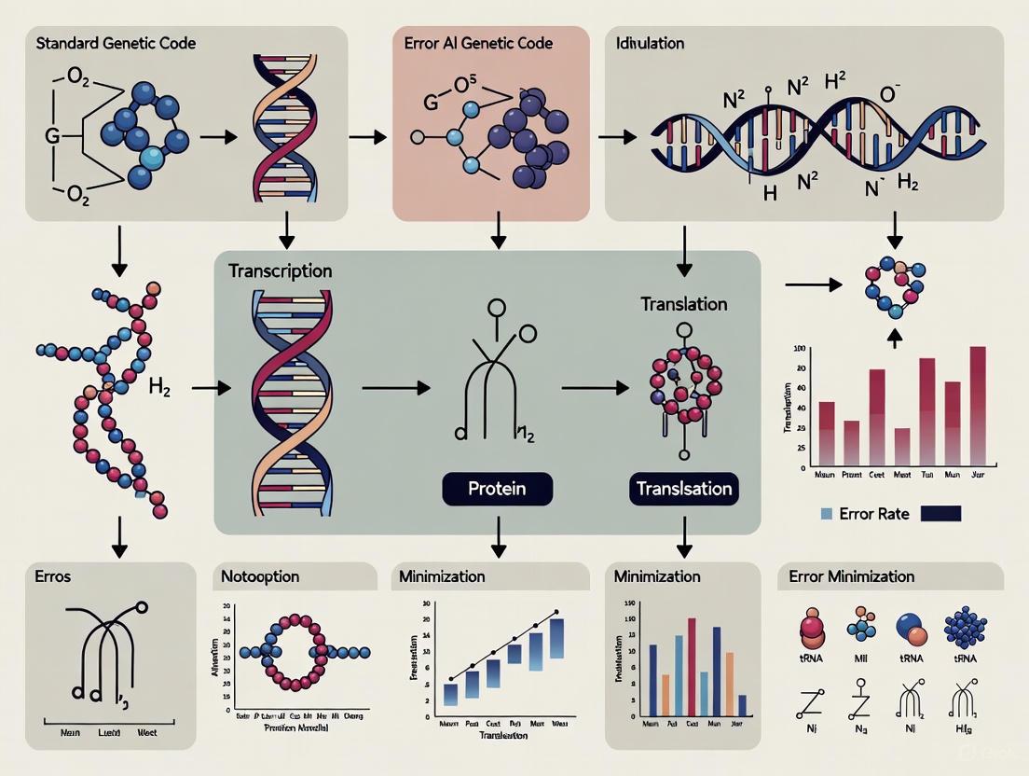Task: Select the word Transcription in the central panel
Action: point(280,271)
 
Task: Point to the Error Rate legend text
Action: point(875,513)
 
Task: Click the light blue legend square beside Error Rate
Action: point(827,514)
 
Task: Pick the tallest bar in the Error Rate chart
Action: point(978,406)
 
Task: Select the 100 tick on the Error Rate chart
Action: point(798,349)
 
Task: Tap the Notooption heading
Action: point(260,576)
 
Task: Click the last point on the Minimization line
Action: point(556,613)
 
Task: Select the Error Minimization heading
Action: point(851,576)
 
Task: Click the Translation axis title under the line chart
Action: point(503,735)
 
